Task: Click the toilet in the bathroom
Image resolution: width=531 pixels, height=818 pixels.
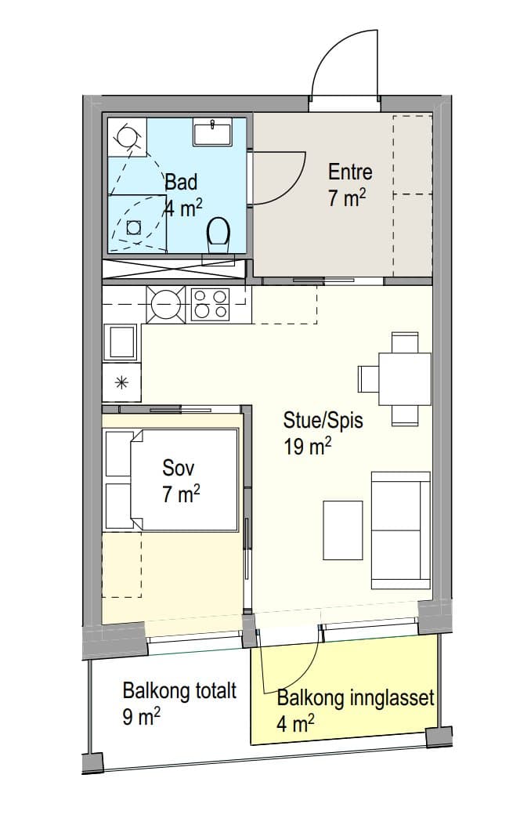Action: (219, 234)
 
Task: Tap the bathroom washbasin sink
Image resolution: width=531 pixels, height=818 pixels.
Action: (213, 132)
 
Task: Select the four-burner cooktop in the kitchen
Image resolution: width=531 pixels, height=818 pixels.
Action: (210, 304)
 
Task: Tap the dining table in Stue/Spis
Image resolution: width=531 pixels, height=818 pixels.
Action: (405, 379)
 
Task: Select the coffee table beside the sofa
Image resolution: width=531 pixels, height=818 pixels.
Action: (343, 530)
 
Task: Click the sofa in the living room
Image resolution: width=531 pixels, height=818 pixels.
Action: (400, 530)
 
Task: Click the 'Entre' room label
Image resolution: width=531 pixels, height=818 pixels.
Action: (350, 172)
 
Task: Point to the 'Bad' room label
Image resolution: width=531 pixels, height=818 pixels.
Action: (182, 183)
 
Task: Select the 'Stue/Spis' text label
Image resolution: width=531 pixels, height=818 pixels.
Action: (323, 421)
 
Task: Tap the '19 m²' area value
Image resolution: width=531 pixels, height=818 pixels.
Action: (308, 447)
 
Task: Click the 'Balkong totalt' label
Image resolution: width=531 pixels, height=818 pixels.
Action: (179, 691)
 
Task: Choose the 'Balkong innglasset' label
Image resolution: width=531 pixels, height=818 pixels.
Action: (356, 698)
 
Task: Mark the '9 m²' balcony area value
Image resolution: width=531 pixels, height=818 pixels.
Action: (141, 717)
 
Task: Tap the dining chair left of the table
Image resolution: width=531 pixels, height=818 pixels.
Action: (368, 379)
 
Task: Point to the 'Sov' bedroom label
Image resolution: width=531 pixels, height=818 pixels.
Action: (179, 468)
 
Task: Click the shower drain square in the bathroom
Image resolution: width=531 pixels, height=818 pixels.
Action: (135, 227)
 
